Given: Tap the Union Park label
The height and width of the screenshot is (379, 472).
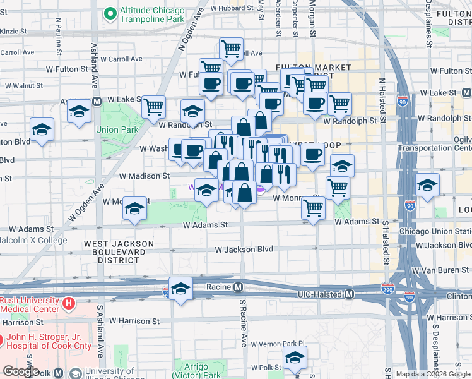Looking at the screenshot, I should coord(117,130).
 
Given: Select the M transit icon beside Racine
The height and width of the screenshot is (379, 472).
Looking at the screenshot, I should coord(239,287).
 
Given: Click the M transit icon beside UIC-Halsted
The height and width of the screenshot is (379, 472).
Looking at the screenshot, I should coord(349,294).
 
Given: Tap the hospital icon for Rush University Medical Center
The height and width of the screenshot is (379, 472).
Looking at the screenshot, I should coord(69,303).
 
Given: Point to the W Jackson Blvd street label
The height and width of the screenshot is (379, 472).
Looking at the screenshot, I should coord(244,250).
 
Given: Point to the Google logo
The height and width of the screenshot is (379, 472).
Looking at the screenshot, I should coord(21,371).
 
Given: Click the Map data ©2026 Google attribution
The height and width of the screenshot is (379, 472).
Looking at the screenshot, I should coord(433,374).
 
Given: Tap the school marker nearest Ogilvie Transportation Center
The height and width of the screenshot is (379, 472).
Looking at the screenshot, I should coord(427,186).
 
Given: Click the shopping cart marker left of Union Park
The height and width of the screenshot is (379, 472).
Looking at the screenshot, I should coord(153,107).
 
